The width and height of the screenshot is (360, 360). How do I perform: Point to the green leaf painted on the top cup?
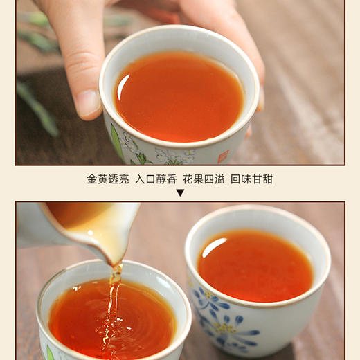[116, 139]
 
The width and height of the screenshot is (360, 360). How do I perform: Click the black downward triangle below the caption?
[180, 192]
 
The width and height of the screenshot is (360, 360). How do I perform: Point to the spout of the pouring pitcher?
[115, 256]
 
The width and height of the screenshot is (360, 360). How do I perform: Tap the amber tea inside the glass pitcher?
[76, 215]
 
